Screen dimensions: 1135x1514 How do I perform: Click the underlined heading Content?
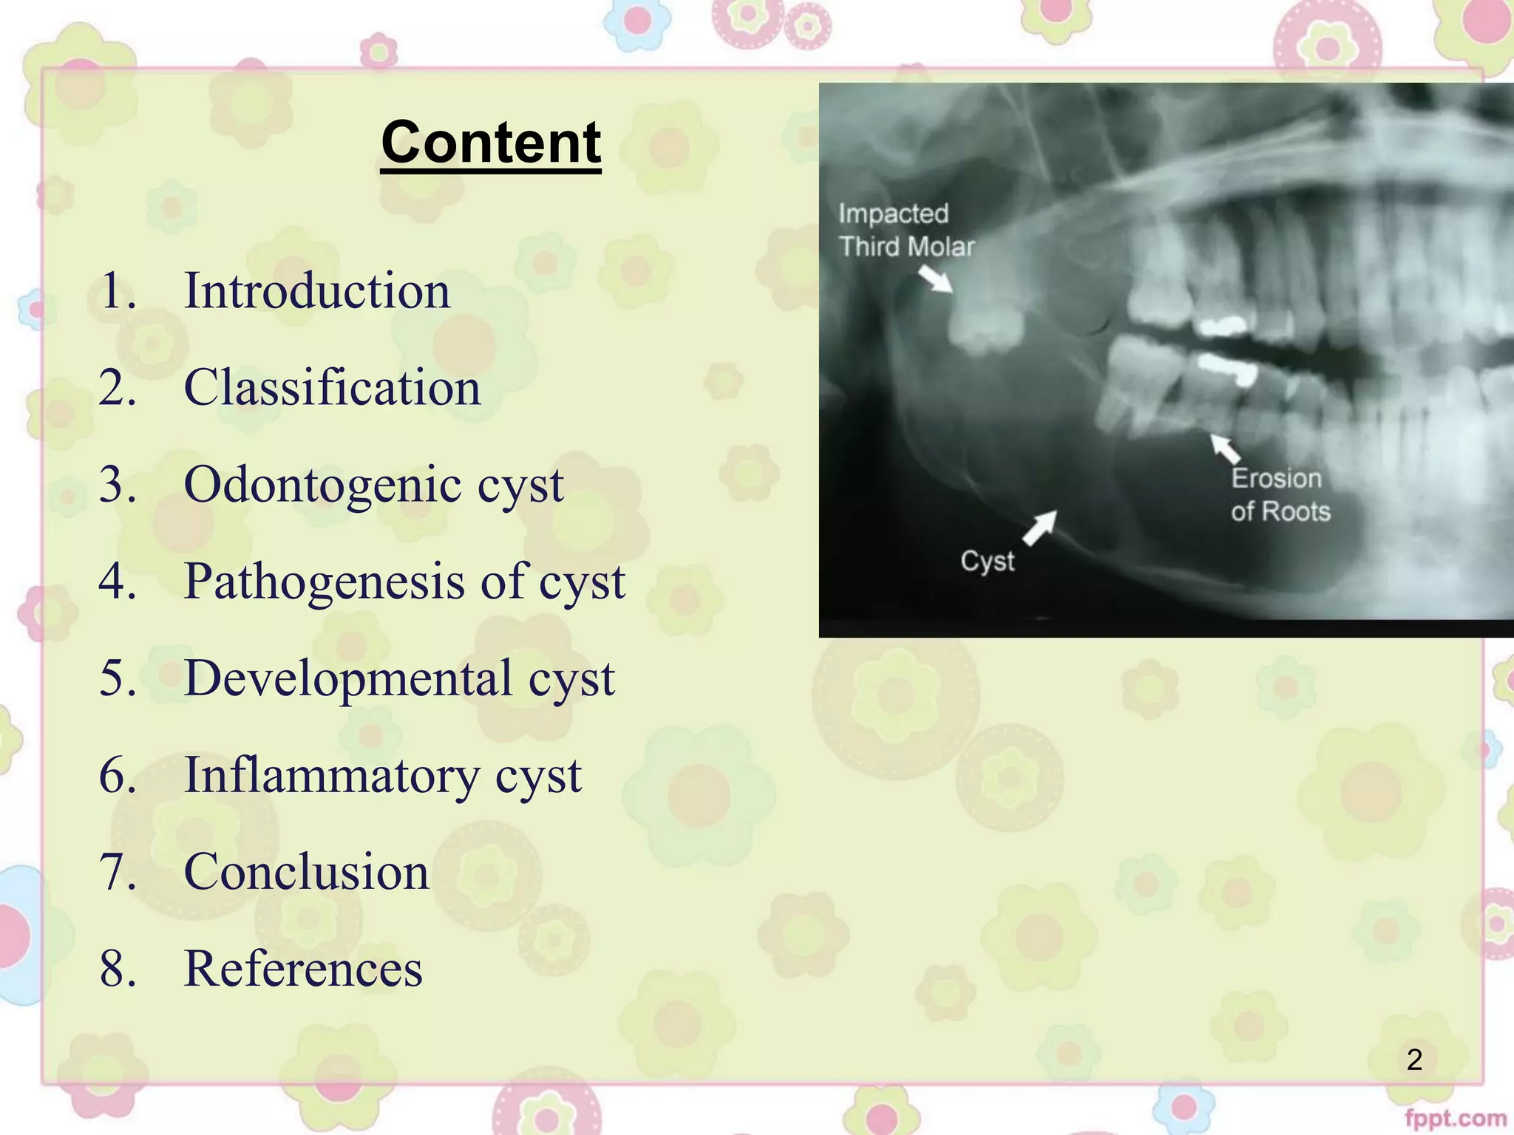pyautogui.click(x=491, y=143)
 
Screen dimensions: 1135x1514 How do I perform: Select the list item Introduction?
pyautogui.click(x=316, y=290)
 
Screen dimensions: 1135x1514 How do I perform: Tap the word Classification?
pyautogui.click(x=332, y=387)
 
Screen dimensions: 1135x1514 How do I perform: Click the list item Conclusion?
pyautogui.click(x=306, y=871)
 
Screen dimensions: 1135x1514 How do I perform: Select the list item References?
pyautogui.click(x=303, y=968)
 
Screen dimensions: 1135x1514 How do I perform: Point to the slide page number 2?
pyautogui.click(x=1414, y=1060)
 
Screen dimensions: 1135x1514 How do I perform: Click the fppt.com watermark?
pyautogui.click(x=1455, y=1118)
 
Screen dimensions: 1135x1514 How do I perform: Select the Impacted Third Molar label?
pyautogui.click(x=906, y=230)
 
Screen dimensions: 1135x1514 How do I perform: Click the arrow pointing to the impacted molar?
pyautogui.click(x=935, y=279)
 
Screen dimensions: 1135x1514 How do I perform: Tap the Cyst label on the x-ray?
pyautogui.click(x=987, y=561)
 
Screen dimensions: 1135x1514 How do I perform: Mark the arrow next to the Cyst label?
pyautogui.click(x=1040, y=528)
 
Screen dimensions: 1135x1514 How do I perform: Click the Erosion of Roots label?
pyautogui.click(x=1280, y=494)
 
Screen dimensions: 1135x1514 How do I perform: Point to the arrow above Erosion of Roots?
pyautogui.click(x=1224, y=449)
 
